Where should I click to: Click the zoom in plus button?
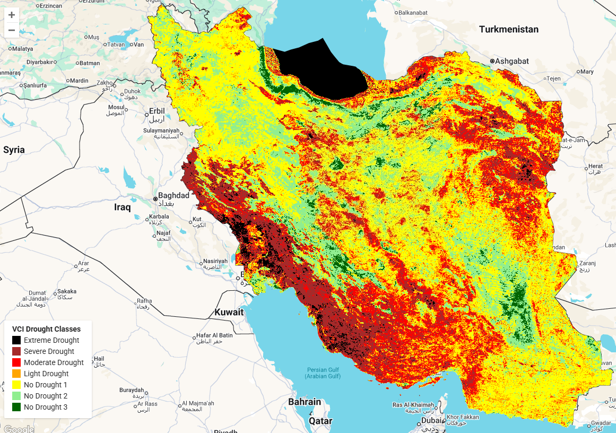12,15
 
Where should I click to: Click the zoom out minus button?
12,30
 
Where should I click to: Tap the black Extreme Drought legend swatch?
16,340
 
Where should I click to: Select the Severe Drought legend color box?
16,351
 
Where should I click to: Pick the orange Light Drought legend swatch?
16,374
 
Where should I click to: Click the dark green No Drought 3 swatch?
16,407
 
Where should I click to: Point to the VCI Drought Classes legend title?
46,329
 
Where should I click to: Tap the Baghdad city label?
173,196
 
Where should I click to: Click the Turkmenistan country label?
508,29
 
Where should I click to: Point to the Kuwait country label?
229,312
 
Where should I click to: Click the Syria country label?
14,150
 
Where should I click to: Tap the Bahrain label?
305,402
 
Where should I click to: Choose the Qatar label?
320,421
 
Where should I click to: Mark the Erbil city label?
157,111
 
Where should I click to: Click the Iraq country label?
123,207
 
